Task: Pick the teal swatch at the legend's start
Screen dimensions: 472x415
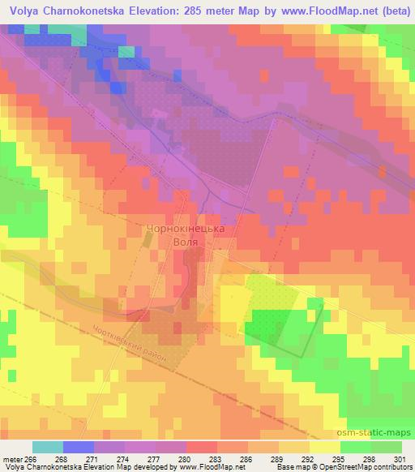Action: coord(48,447)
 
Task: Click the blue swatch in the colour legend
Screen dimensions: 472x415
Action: coord(79,447)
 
